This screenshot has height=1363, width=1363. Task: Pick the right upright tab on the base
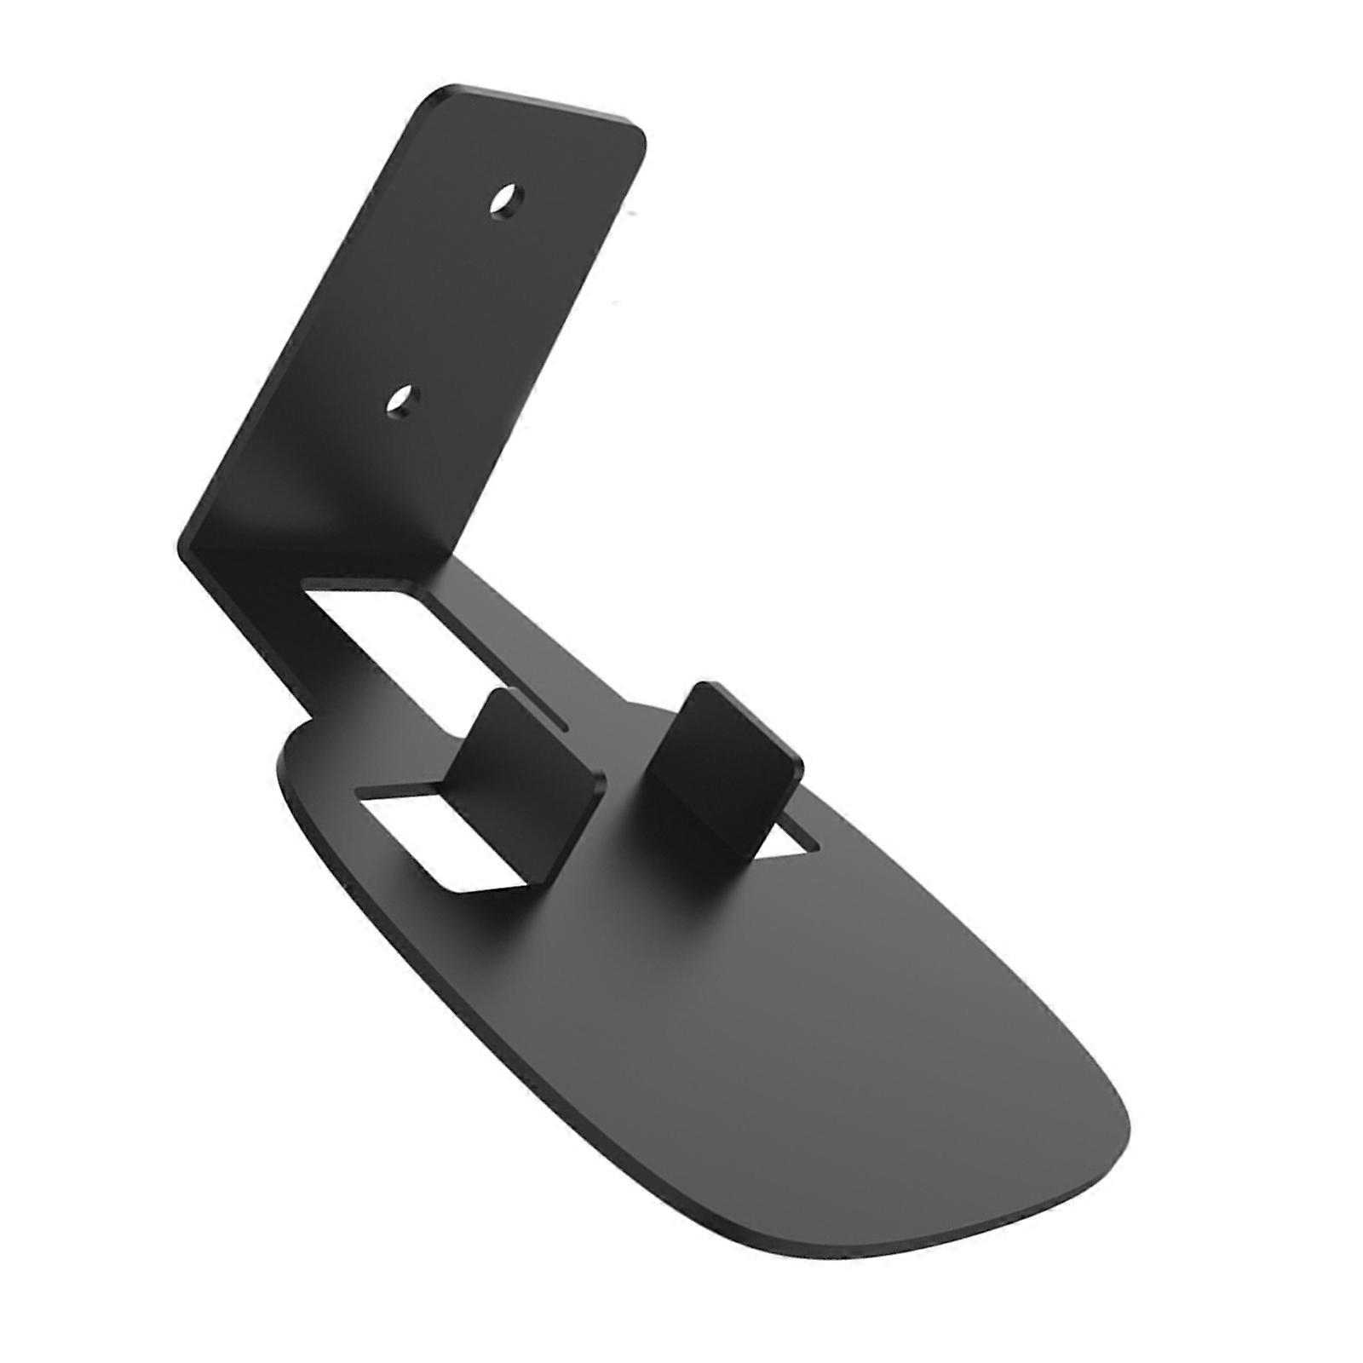click(722, 750)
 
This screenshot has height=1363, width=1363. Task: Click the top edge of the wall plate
click(545, 106)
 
